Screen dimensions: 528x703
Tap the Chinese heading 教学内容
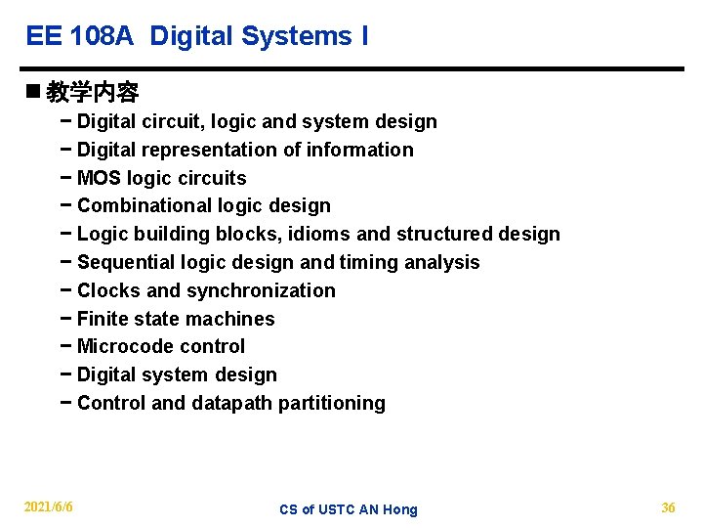point(93,93)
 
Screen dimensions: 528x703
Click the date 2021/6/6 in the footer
point(49,507)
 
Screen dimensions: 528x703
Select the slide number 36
point(668,507)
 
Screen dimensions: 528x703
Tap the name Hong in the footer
point(400,509)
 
